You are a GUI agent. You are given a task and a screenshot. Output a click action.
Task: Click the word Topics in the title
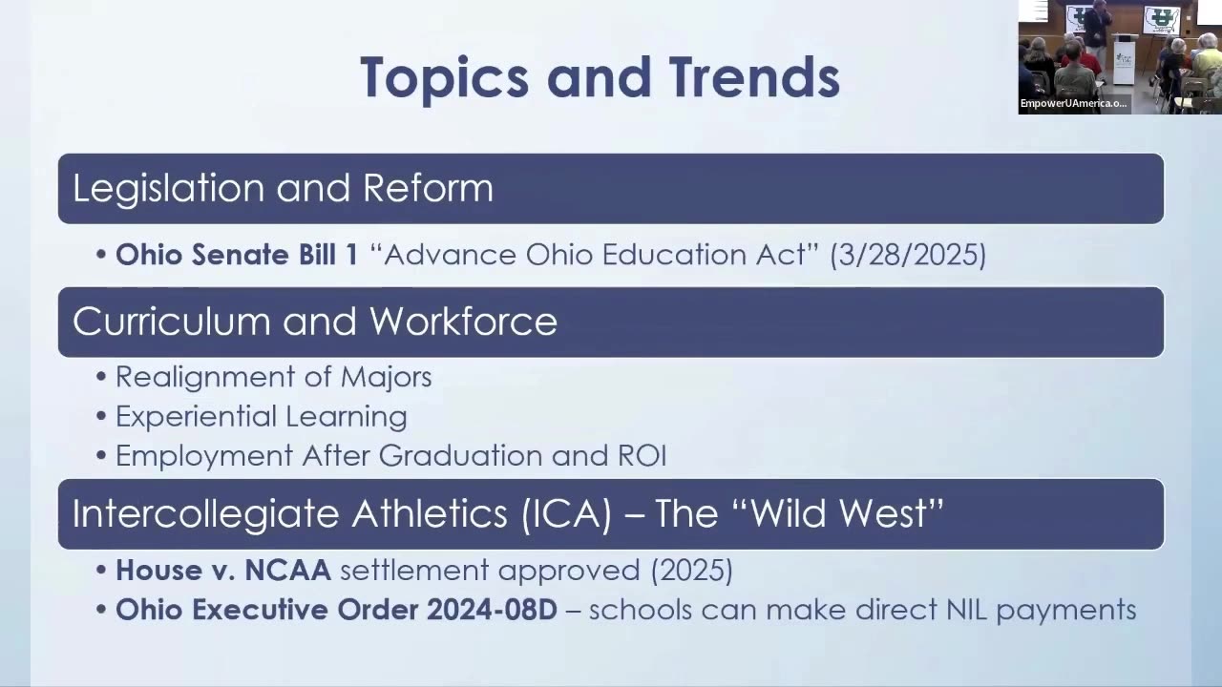[x=445, y=78]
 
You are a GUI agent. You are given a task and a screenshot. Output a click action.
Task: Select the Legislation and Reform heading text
[x=283, y=189]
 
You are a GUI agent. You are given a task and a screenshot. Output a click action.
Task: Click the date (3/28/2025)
[x=908, y=255]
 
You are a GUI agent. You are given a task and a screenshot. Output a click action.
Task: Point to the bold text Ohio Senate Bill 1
[x=237, y=255]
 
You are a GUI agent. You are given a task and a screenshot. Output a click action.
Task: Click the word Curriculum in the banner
[x=171, y=322]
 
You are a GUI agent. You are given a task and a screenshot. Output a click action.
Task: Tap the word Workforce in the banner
[x=463, y=322]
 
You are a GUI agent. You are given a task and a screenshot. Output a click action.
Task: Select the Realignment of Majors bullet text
[x=274, y=377]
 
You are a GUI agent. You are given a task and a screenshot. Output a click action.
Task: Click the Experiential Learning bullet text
[x=262, y=417]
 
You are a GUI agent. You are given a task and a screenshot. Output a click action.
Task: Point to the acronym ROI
[x=643, y=456]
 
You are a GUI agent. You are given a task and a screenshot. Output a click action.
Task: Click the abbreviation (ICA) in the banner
[x=566, y=513]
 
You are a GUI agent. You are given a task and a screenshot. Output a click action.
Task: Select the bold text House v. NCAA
[x=223, y=571]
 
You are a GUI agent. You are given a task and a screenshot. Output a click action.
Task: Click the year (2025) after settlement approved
[x=692, y=571]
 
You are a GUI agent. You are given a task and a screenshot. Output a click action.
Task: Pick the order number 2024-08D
[x=492, y=610]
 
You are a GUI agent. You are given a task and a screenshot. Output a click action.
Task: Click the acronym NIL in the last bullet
[x=966, y=610]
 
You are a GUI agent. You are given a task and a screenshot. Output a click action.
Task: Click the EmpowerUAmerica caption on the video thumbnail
[x=1073, y=103]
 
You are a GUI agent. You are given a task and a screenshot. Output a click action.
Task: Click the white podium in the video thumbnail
[x=1125, y=58]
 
